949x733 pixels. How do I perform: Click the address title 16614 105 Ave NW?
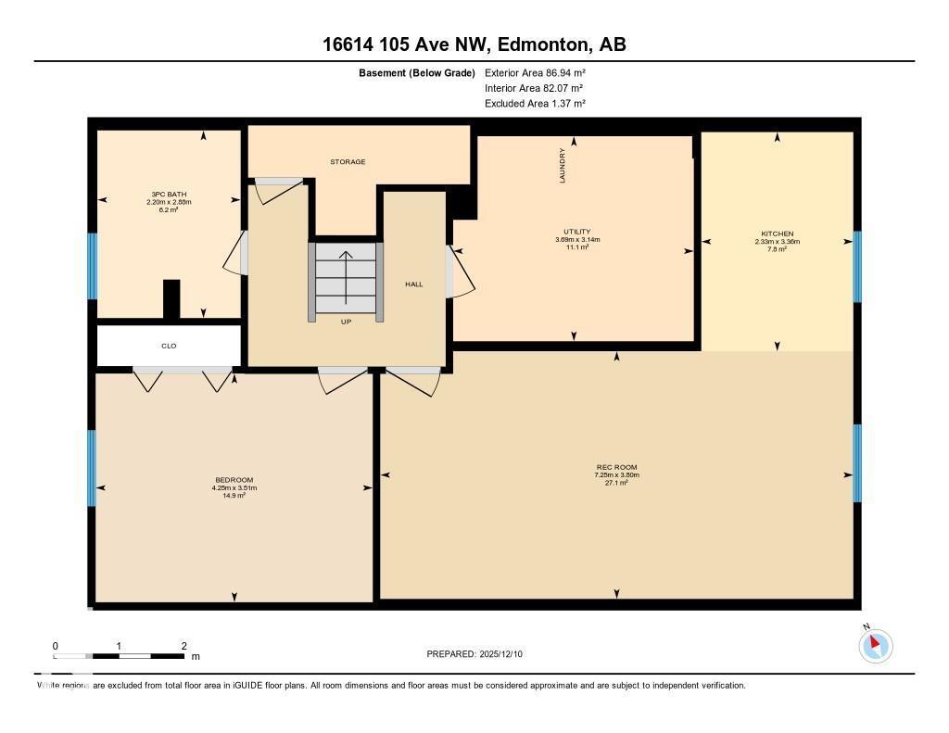point(474,44)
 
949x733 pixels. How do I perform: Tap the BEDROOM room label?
point(234,480)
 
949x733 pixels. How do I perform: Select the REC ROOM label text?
point(616,467)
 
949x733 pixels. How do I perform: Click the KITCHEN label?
point(777,234)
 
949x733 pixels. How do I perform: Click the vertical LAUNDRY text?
point(562,166)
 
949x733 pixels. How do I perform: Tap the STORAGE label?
point(348,162)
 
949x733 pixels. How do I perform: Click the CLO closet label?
point(169,346)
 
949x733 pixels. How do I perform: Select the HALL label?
point(413,284)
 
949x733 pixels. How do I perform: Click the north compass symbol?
point(875,644)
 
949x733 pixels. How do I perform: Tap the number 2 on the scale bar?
point(183,646)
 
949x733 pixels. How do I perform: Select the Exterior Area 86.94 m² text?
point(535,72)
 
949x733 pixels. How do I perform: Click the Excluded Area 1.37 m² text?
point(535,104)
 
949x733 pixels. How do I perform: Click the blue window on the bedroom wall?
point(92,468)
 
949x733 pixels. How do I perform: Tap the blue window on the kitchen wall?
point(857,267)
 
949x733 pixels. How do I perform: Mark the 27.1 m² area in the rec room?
point(616,483)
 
